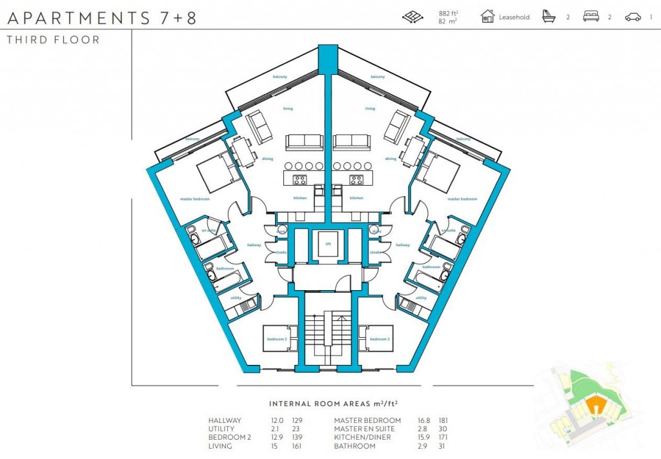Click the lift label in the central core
(328, 244)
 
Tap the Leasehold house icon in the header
(487, 16)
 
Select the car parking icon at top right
(633, 17)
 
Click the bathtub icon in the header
(549, 16)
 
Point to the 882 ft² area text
(448, 12)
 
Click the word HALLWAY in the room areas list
(225, 420)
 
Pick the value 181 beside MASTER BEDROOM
(443, 420)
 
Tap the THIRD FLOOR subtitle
(53, 40)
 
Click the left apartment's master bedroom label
(195, 199)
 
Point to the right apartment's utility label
(421, 298)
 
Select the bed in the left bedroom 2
(280, 338)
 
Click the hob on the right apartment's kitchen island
(356, 179)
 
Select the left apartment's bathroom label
(225, 268)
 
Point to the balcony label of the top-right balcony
(378, 77)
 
